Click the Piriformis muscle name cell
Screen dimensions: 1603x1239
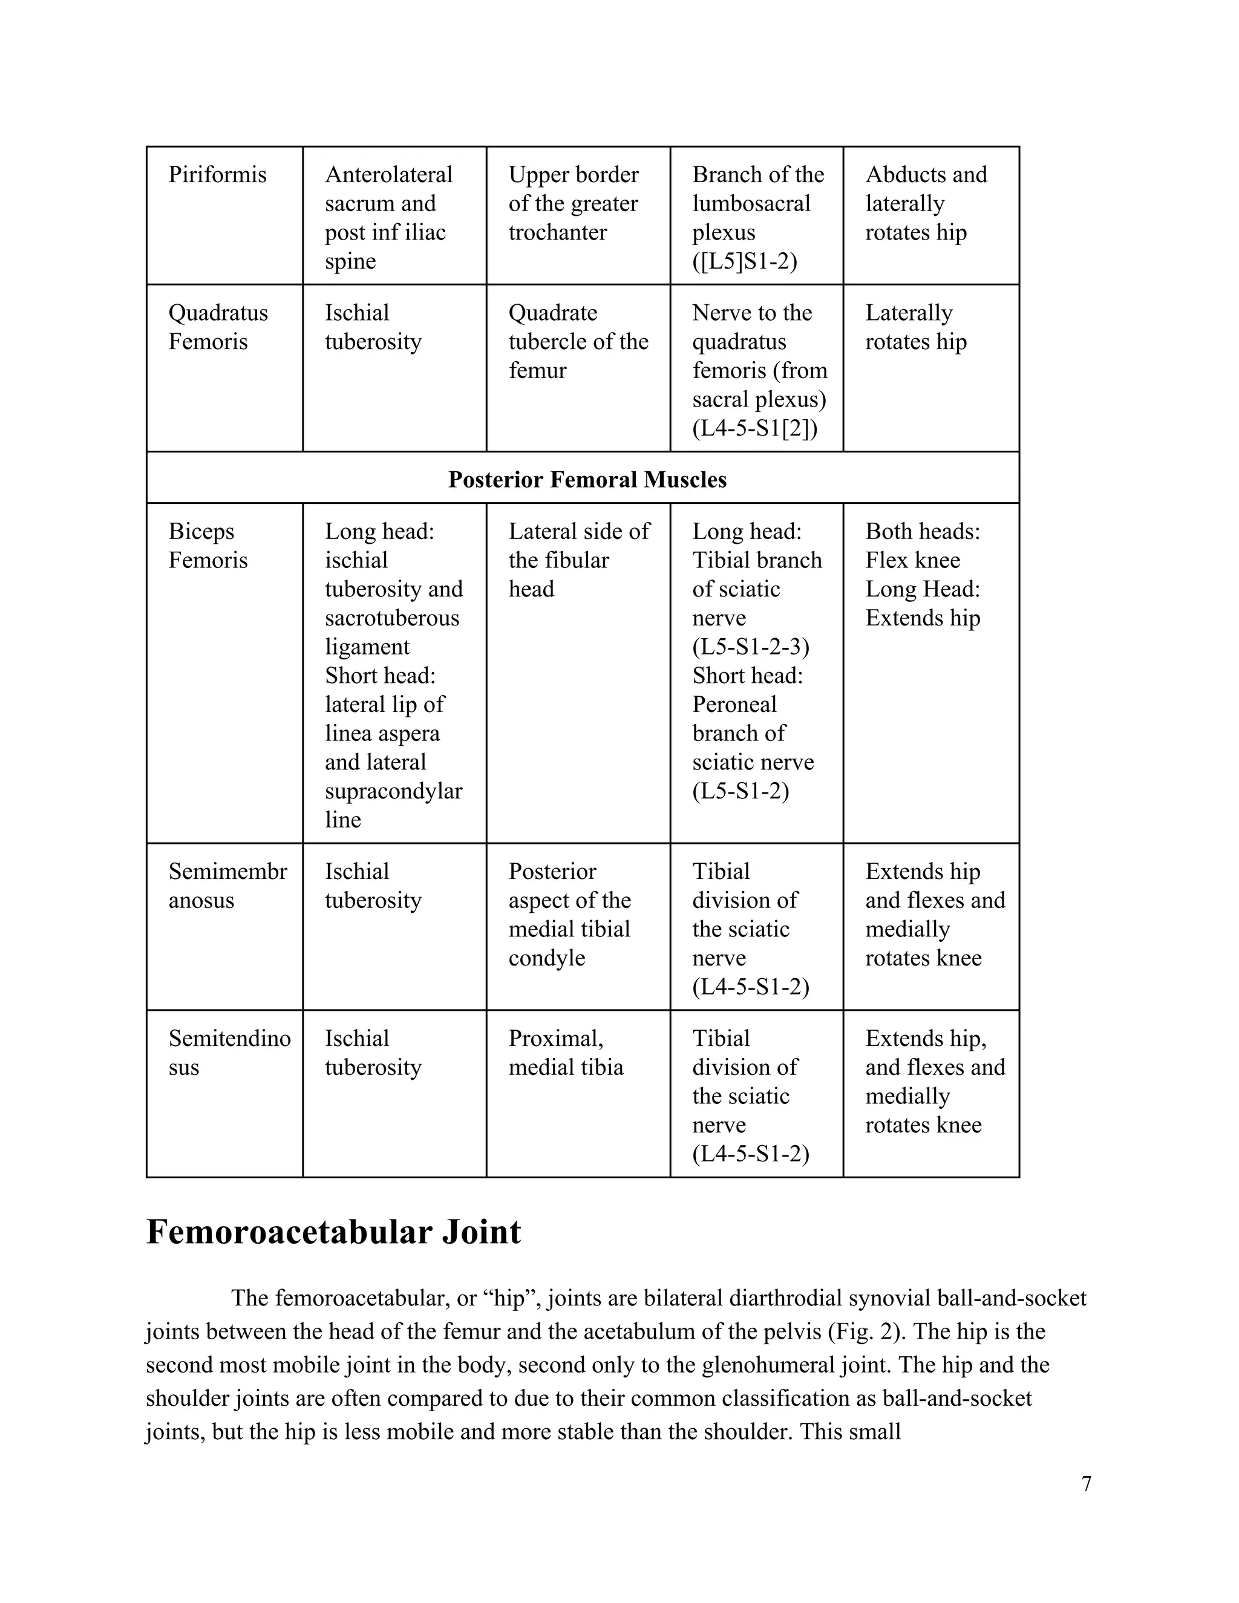coord(217,175)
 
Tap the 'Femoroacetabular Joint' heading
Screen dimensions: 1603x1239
coord(333,1231)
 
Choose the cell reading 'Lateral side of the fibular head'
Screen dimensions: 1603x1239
coord(578,560)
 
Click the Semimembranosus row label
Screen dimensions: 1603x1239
coord(227,885)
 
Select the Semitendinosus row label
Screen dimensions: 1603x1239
coord(229,1052)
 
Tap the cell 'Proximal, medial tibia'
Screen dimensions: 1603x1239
coord(565,1052)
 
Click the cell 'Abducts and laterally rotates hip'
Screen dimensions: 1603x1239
coord(926,203)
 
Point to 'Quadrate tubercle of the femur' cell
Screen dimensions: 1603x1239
coord(578,341)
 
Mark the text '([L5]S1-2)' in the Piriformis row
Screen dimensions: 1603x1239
coord(744,261)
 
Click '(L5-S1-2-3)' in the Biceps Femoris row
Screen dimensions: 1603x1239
coord(750,647)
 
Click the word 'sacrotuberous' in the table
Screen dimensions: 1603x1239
coord(392,618)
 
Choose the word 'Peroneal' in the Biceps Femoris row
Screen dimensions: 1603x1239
coord(734,705)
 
